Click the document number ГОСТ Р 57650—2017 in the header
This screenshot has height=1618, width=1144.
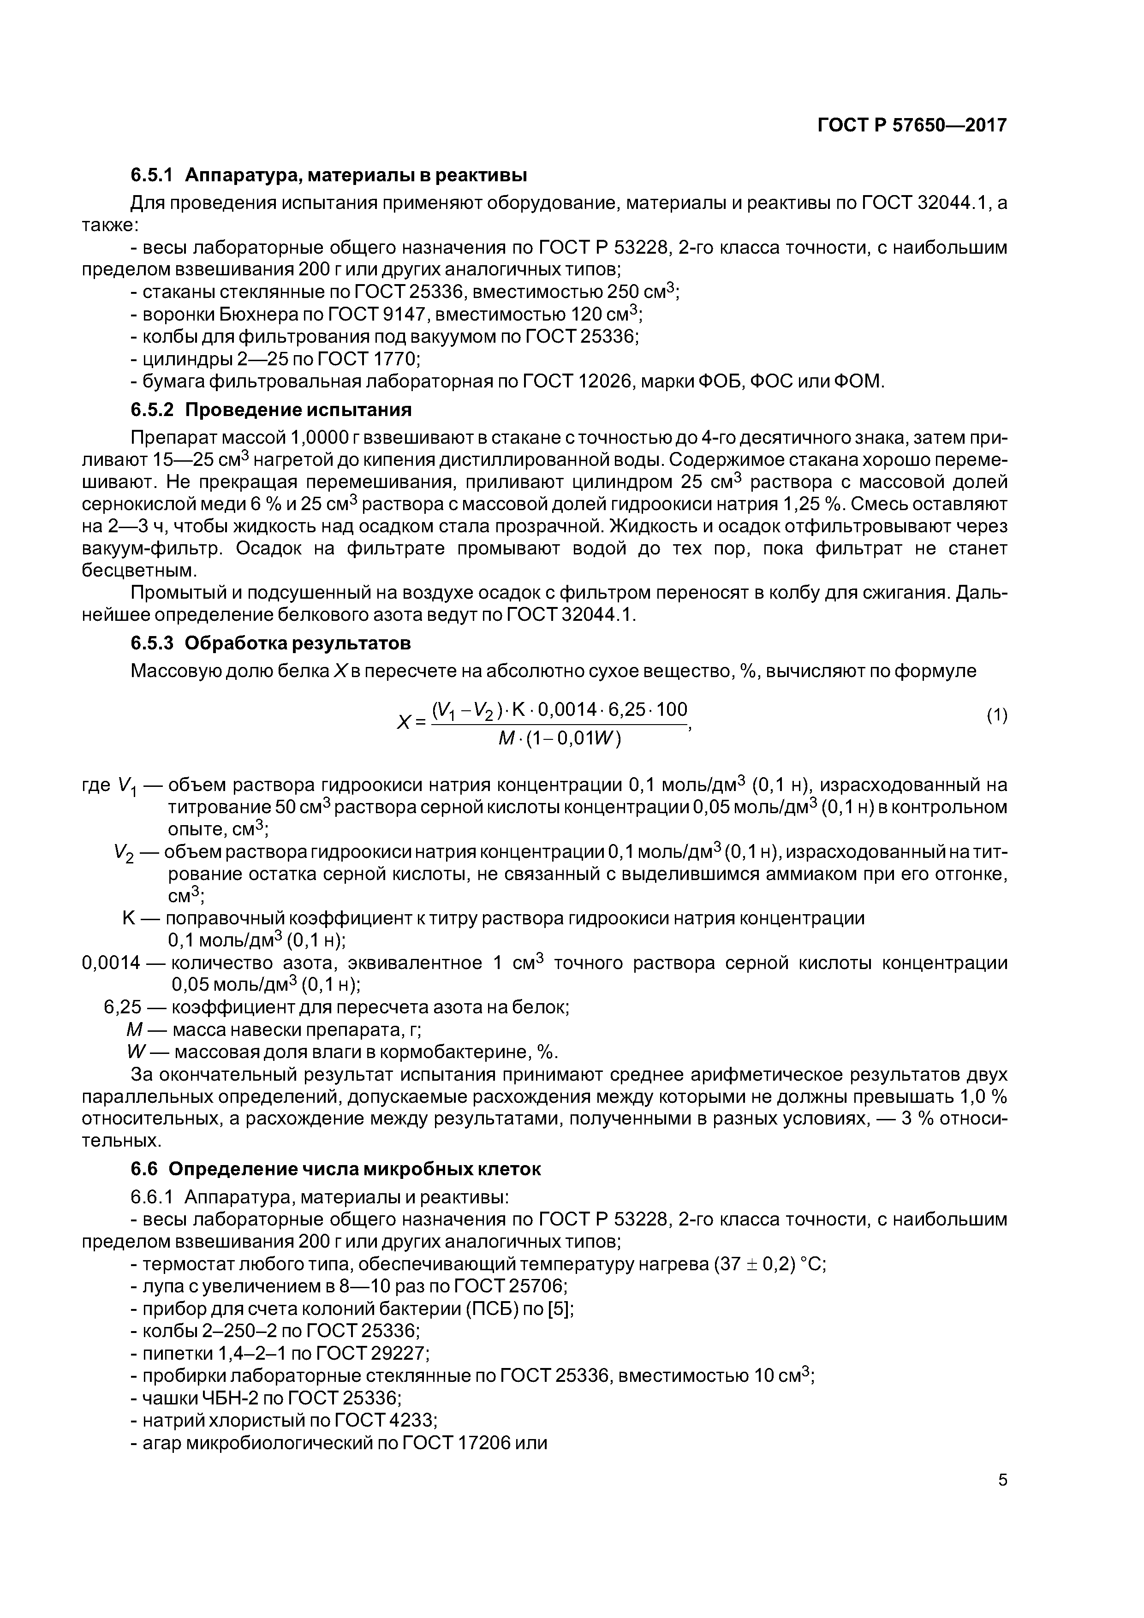pos(912,125)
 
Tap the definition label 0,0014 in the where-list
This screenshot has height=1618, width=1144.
pos(111,963)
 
